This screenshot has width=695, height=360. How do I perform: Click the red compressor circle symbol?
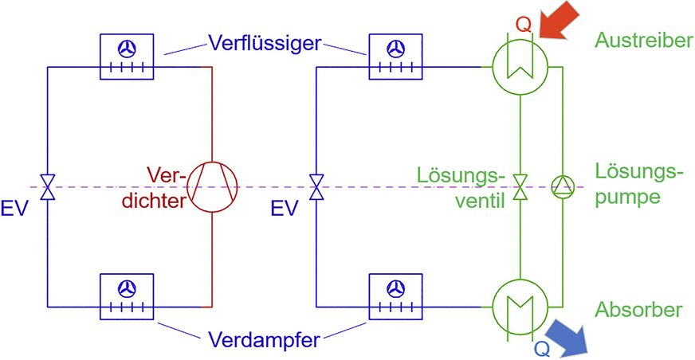point(213,188)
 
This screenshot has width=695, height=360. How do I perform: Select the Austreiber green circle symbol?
point(518,67)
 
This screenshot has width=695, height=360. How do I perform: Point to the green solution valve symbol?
point(520,188)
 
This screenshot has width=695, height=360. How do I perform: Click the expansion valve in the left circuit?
point(47,188)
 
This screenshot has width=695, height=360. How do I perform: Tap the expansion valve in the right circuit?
point(317,188)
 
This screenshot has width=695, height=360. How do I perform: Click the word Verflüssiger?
point(265,41)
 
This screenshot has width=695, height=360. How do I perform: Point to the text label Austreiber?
point(643,41)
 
